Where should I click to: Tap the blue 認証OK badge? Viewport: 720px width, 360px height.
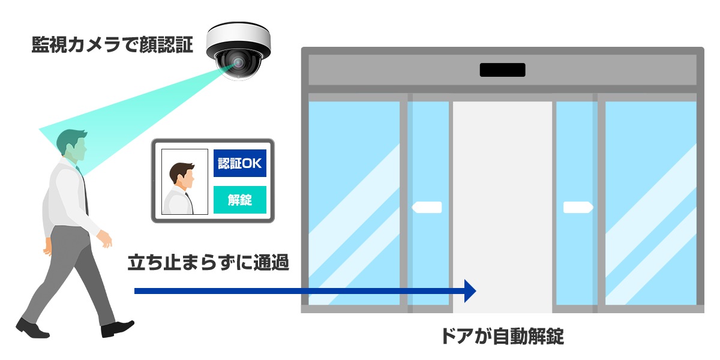tap(239, 163)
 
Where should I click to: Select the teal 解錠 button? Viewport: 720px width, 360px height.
tap(239, 200)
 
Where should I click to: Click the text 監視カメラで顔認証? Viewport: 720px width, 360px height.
tap(112, 46)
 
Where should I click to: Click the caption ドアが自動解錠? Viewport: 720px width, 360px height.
tap(502, 336)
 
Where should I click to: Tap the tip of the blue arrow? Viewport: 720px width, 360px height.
tap(474, 291)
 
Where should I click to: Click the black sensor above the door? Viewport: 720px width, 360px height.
tap(502, 70)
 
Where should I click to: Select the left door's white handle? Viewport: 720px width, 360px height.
tap(427, 208)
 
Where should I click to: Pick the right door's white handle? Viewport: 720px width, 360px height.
tap(578, 208)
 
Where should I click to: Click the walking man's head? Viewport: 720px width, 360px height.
tap(72, 144)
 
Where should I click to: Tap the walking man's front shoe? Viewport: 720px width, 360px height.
tap(116, 328)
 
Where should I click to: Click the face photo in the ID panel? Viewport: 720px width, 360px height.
tap(184, 182)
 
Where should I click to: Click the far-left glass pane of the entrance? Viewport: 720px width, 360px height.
tap(353, 204)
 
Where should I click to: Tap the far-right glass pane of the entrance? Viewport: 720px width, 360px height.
tap(650, 204)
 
